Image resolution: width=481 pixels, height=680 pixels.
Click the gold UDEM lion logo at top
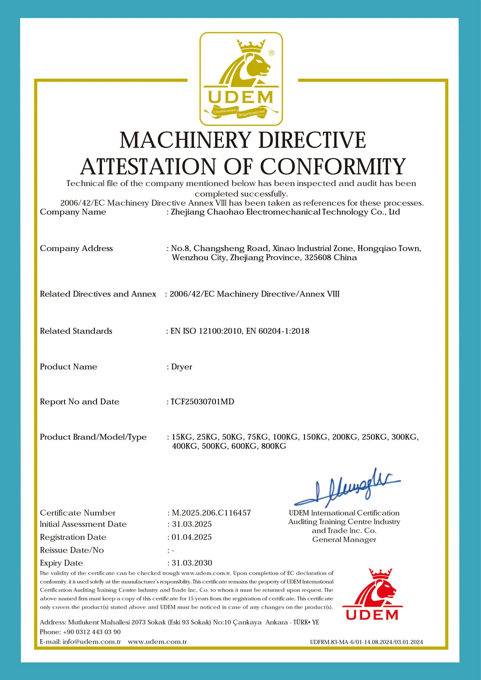[241, 79]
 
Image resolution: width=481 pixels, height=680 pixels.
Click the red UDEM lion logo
[372, 594]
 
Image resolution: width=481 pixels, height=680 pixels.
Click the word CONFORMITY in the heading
[333, 167]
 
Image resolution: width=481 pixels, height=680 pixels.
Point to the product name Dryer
[182, 367]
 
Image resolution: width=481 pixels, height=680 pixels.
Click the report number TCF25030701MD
[203, 402]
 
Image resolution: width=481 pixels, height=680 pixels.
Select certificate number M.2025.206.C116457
[211, 513]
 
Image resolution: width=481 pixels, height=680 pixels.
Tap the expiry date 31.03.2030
[192, 563]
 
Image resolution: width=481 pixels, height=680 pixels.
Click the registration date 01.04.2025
[192, 537]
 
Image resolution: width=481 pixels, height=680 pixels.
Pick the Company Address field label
[76, 248]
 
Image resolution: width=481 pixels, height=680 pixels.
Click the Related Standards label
[76, 331]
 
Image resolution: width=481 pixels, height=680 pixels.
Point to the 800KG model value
[274, 446]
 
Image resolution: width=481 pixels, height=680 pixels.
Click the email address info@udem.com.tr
[91, 642]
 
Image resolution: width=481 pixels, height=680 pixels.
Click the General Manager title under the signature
[344, 540]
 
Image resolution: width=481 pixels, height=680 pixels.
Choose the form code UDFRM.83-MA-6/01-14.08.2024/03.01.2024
[367, 642]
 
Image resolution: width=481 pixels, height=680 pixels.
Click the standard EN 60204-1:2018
[278, 331]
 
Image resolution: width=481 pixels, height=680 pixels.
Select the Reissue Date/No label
[72, 550]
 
